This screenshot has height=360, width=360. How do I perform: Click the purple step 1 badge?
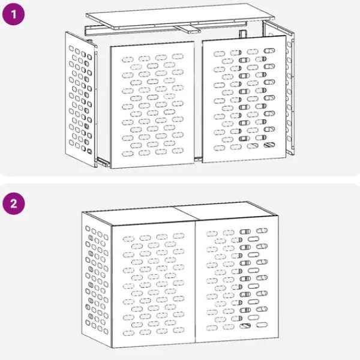[13, 14]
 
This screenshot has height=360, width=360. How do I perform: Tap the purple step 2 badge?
[14, 203]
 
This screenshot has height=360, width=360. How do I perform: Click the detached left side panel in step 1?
[80, 99]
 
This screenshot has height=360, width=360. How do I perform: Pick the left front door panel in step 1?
[152, 104]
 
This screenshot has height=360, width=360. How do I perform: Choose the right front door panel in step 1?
[244, 99]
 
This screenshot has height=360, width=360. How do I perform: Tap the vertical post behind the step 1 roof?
[242, 34]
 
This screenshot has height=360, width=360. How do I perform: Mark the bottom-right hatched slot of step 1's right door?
[269, 145]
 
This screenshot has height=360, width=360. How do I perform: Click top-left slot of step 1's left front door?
[128, 59]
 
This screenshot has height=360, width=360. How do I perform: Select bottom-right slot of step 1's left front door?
[178, 151]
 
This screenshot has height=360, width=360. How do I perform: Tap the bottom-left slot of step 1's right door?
[219, 148]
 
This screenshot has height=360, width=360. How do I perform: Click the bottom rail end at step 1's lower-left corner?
[103, 161]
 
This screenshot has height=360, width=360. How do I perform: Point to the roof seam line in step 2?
[186, 213]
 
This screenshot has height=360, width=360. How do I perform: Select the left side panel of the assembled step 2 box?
[97, 280]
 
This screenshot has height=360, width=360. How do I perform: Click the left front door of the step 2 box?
[154, 284]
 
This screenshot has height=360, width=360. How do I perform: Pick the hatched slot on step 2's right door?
[245, 326]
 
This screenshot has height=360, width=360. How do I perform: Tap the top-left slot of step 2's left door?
[128, 239]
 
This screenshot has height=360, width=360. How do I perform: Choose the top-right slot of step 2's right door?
[262, 230]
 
